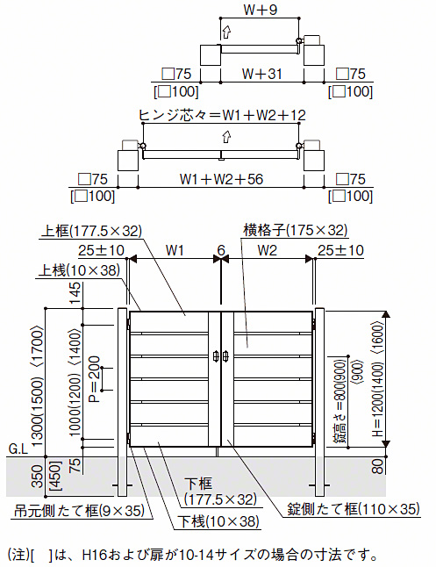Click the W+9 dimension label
[260, 10]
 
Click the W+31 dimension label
[261, 74]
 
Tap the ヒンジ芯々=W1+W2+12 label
[222, 115]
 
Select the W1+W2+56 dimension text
[221, 179]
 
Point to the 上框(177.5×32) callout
[91, 231]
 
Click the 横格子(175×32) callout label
[295, 230]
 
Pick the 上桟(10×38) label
[79, 270]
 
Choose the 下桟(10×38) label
[218, 521]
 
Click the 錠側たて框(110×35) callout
[354, 509]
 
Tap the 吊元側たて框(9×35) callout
[79, 511]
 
